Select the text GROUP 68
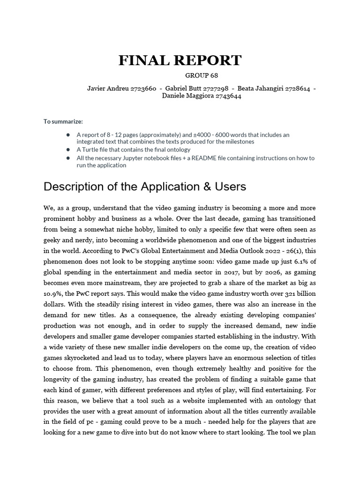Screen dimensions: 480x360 (x=202, y=75)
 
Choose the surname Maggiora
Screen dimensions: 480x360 (x=197, y=96)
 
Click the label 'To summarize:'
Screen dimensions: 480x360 (x=63, y=121)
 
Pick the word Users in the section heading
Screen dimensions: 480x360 (x=230, y=187)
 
